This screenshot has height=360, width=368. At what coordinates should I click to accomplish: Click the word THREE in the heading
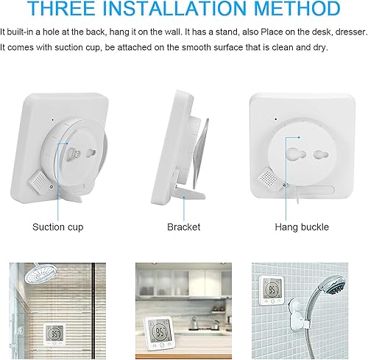62,8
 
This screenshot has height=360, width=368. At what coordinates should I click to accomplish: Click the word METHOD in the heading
297,8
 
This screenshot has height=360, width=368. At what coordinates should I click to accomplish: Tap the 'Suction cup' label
58,227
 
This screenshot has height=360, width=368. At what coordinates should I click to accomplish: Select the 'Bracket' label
183,227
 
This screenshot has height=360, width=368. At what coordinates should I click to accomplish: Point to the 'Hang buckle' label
302,227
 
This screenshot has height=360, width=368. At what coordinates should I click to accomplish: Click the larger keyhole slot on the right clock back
297,154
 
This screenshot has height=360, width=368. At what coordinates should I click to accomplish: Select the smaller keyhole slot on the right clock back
321,155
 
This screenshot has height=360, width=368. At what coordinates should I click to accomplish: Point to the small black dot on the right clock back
276,119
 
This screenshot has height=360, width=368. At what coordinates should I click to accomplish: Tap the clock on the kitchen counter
159,333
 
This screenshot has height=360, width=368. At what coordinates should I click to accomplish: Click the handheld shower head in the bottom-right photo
333,286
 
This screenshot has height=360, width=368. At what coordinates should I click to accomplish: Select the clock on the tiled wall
272,290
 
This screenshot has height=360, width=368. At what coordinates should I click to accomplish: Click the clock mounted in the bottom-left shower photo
54,334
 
